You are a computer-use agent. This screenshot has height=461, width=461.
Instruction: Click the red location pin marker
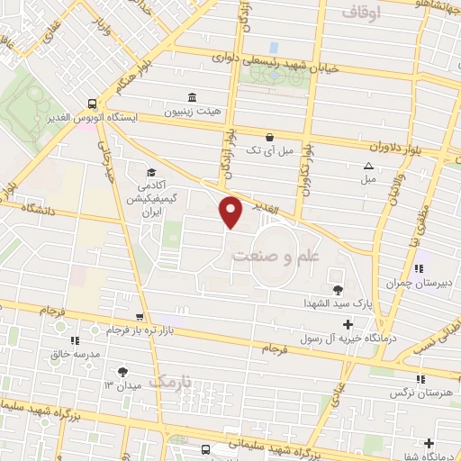pyautogui.click(x=231, y=212)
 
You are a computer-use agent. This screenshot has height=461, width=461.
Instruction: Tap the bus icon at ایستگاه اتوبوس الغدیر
pyautogui.click(x=93, y=104)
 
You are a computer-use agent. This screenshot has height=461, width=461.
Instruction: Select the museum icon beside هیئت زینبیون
pyautogui.click(x=192, y=97)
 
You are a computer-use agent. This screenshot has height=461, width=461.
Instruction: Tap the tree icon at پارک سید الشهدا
pyautogui.click(x=338, y=289)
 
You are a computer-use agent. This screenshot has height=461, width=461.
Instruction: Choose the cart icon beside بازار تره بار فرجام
pyautogui.click(x=139, y=317)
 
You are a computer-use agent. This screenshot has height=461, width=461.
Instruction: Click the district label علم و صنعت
pyautogui.click(x=276, y=256)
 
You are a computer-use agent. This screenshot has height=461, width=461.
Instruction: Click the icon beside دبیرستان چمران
pyautogui.click(x=419, y=267)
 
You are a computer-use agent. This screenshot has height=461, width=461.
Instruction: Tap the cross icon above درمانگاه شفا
pyautogui.click(x=429, y=442)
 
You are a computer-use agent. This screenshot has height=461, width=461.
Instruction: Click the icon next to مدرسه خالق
pyautogui.click(x=74, y=340)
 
